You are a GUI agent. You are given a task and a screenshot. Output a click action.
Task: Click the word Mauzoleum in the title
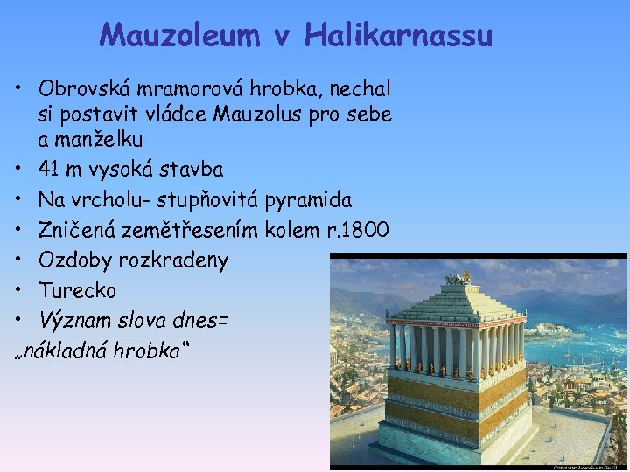[x=178, y=36]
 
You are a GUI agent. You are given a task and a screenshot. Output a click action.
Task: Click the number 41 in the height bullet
[x=49, y=169]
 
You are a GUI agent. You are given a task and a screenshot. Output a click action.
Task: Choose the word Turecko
[x=77, y=290]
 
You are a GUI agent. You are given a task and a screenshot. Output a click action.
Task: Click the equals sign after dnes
[x=221, y=321]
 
